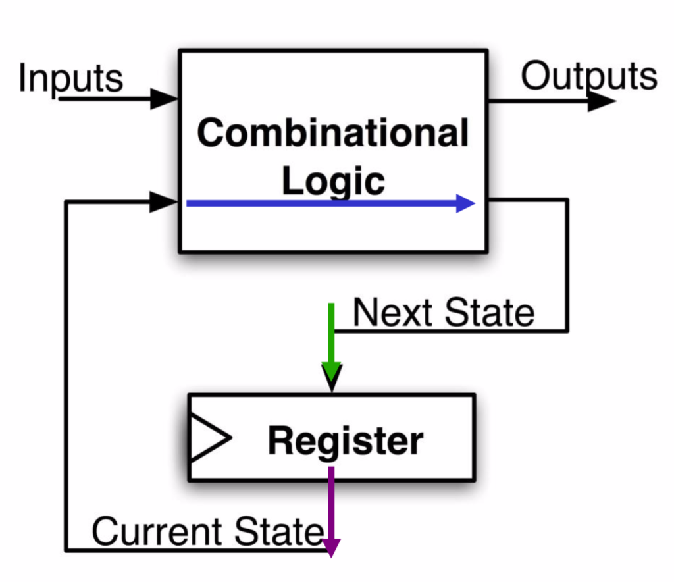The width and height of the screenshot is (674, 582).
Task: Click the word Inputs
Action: [70, 78]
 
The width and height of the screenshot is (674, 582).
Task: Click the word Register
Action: [346, 440]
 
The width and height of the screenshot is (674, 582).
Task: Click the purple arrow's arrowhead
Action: [331, 546]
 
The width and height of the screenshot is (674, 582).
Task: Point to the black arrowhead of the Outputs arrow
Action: [600, 101]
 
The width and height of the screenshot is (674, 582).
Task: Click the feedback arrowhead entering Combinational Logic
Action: [163, 202]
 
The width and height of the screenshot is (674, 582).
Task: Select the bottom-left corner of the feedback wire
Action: [66, 550]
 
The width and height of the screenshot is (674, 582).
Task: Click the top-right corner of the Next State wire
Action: [566, 200]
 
